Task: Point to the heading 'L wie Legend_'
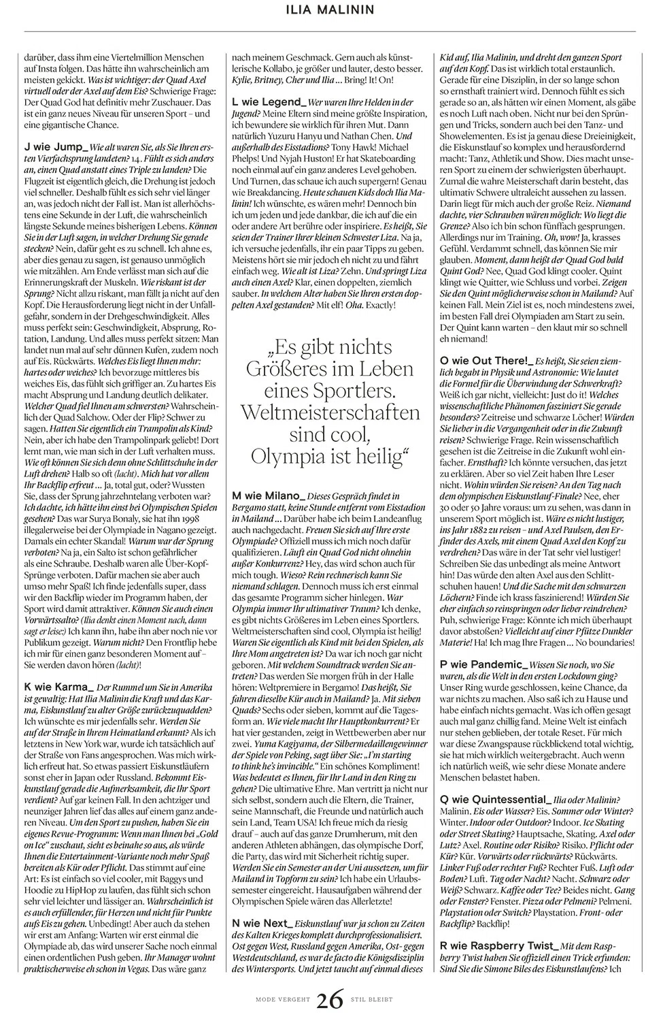tap(270, 101)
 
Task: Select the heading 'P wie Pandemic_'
tap(483, 664)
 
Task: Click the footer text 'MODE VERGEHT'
tap(283, 1000)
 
